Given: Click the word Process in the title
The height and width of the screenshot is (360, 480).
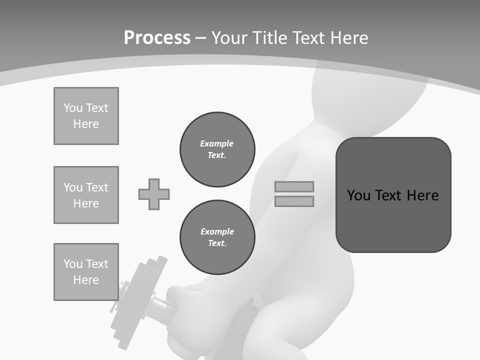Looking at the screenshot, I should [x=157, y=38].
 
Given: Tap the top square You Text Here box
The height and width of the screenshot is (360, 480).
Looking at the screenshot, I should [x=86, y=116].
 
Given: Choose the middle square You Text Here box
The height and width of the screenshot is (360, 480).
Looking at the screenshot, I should [x=86, y=195].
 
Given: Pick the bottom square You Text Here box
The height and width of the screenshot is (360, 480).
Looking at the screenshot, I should [x=86, y=271].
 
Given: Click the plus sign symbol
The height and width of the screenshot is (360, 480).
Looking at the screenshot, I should [x=154, y=194].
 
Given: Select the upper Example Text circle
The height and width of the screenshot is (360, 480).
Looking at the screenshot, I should [x=217, y=149].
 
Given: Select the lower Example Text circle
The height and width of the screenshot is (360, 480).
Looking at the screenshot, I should [x=217, y=237].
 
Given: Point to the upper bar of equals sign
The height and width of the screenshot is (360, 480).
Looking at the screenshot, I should [x=294, y=186].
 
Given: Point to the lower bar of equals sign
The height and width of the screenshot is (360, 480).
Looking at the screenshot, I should [x=294, y=201].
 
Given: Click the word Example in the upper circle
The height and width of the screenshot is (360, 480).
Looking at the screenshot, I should [x=217, y=143].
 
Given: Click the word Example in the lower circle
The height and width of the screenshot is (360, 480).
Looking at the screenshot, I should [x=217, y=231].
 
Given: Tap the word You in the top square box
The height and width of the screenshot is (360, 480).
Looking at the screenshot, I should [x=72, y=108].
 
